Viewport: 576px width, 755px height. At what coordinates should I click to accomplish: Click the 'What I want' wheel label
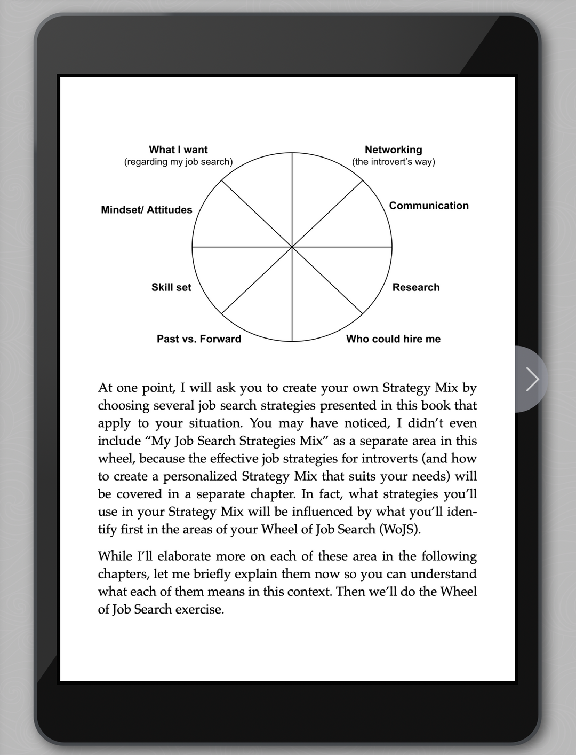click(x=178, y=150)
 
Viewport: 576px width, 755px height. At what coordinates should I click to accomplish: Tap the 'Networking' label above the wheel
click(x=393, y=150)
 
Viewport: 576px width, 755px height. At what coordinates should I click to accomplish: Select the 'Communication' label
click(x=429, y=206)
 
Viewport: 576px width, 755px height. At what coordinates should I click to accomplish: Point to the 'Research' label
click(x=416, y=287)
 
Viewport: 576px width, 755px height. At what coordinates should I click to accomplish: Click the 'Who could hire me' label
click(x=393, y=339)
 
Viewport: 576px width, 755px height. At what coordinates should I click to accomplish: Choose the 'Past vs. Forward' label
click(x=199, y=339)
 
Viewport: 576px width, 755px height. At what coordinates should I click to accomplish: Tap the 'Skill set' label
click(x=171, y=287)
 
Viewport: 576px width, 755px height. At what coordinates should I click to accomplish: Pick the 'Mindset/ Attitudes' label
click(x=147, y=210)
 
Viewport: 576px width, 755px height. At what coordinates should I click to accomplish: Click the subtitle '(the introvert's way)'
click(x=394, y=162)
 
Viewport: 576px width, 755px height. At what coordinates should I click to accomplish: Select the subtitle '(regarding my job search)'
click(x=178, y=162)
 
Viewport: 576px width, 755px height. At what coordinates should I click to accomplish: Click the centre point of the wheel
click(x=292, y=247)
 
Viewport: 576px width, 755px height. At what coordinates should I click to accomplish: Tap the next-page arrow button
click(x=532, y=379)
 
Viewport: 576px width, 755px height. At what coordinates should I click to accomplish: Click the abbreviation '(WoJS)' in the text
click(x=400, y=529)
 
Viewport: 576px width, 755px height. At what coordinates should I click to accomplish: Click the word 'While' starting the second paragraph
click(x=114, y=556)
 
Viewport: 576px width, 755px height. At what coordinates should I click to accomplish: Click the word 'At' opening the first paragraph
click(x=106, y=388)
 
